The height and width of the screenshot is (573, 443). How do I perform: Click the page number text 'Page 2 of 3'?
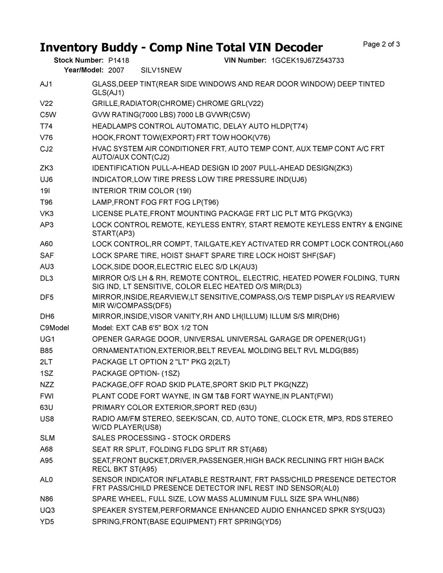[381, 44]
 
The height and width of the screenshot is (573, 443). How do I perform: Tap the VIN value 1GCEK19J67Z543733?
[308, 61]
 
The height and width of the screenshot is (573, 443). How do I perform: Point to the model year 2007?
[116, 71]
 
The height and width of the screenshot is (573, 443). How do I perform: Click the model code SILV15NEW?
[161, 71]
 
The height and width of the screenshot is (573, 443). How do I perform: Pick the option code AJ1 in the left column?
[46, 84]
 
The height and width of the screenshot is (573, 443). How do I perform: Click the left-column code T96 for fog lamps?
[46, 202]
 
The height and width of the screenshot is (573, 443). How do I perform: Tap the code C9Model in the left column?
[54, 328]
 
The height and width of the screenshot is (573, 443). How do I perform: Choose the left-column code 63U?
[46, 407]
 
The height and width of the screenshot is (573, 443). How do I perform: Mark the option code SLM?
[47, 438]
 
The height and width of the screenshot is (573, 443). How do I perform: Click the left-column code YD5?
[47, 521]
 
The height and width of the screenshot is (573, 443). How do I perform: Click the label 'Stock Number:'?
[79, 61]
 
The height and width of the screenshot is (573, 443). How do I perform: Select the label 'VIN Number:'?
[245, 61]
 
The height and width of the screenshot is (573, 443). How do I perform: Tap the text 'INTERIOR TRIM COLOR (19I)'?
[142, 191]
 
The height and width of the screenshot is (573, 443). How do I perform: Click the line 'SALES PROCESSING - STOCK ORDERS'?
[161, 438]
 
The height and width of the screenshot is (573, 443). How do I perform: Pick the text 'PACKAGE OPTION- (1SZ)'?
[136, 373]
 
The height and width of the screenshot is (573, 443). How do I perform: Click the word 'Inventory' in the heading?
[69, 47]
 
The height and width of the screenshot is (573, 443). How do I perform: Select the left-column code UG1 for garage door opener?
[47, 339]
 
